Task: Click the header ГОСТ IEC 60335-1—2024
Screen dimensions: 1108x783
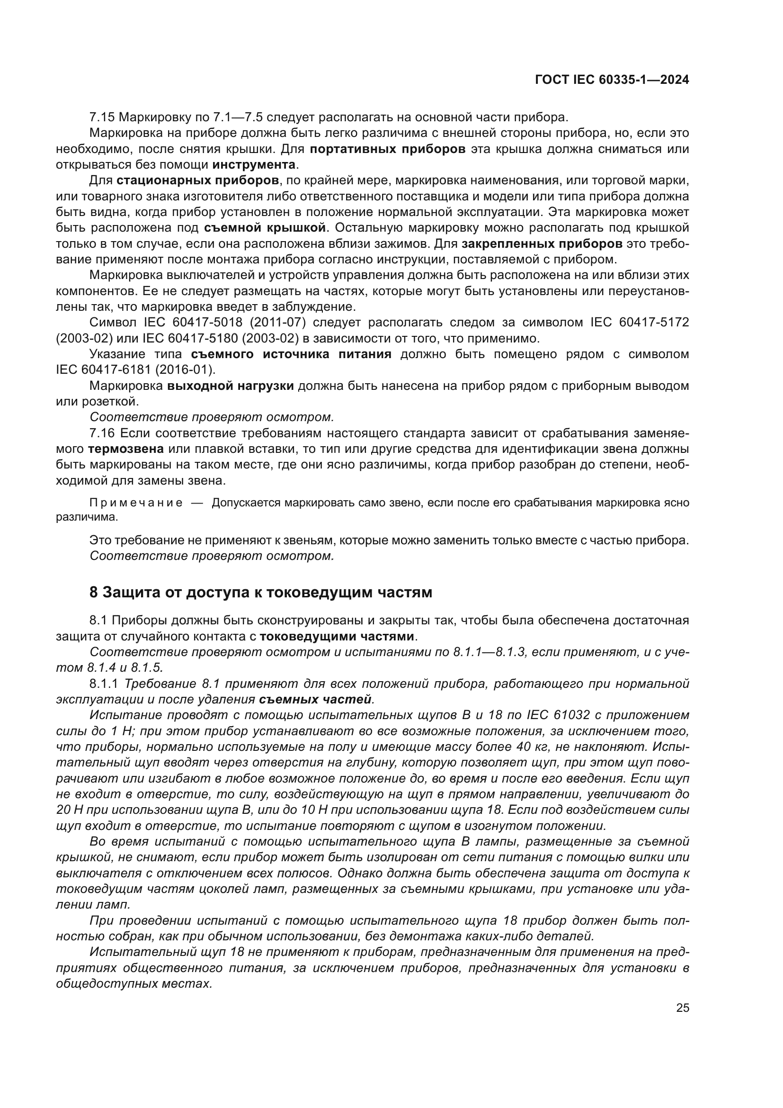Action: point(612,80)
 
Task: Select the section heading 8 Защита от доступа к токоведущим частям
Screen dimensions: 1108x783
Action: point(260,592)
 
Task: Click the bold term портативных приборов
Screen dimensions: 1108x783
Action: point(387,149)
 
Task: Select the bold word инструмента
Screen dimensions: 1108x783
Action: point(254,164)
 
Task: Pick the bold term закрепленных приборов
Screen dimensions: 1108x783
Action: point(542,243)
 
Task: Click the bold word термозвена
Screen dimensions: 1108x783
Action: point(126,449)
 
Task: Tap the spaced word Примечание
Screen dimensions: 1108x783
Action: point(136,503)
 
